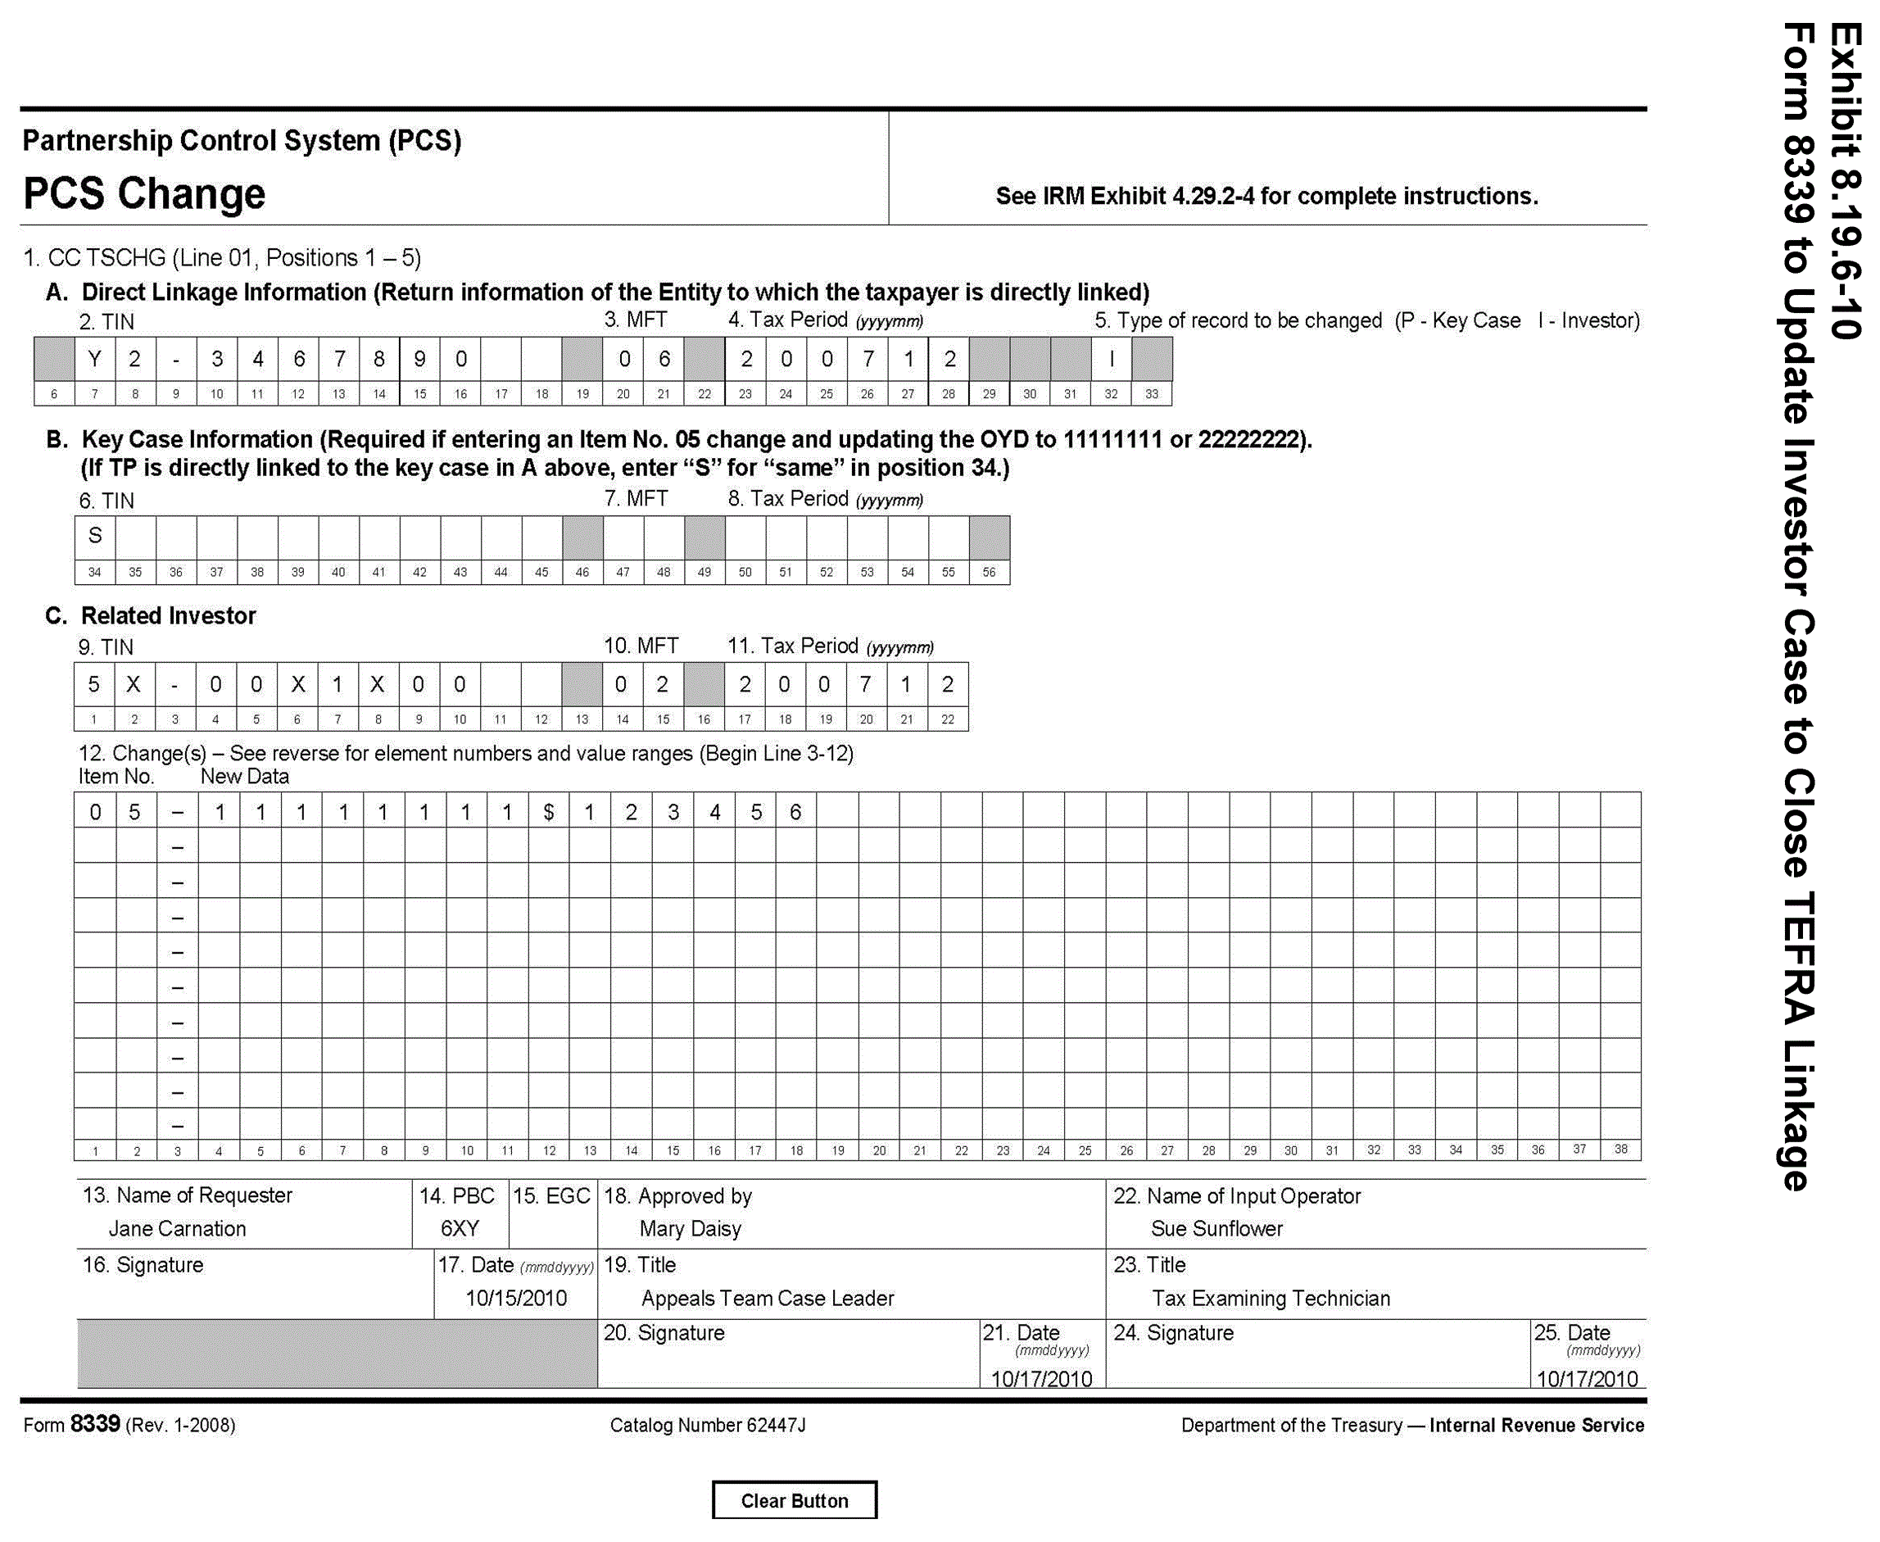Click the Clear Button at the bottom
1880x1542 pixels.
coord(794,1500)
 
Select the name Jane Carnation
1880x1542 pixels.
coord(177,1228)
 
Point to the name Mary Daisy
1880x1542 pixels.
coord(690,1228)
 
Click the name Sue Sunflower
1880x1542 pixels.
coord(1216,1228)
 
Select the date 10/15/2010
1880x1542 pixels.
coord(516,1298)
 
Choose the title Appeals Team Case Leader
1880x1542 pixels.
coord(767,1298)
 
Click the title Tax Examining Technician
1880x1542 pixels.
coord(1270,1298)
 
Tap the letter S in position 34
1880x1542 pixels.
coord(95,536)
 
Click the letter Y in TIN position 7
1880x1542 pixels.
coord(94,358)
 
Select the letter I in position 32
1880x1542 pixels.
coord(1111,358)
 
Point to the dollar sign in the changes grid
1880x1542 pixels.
coord(549,812)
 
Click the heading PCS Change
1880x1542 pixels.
coord(144,193)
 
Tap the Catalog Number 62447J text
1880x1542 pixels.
coord(707,1425)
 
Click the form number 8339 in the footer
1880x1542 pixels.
coord(94,1424)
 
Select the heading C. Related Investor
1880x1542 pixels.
coord(150,615)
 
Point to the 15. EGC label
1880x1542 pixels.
coord(551,1195)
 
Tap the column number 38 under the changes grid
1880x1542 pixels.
coord(1620,1150)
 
